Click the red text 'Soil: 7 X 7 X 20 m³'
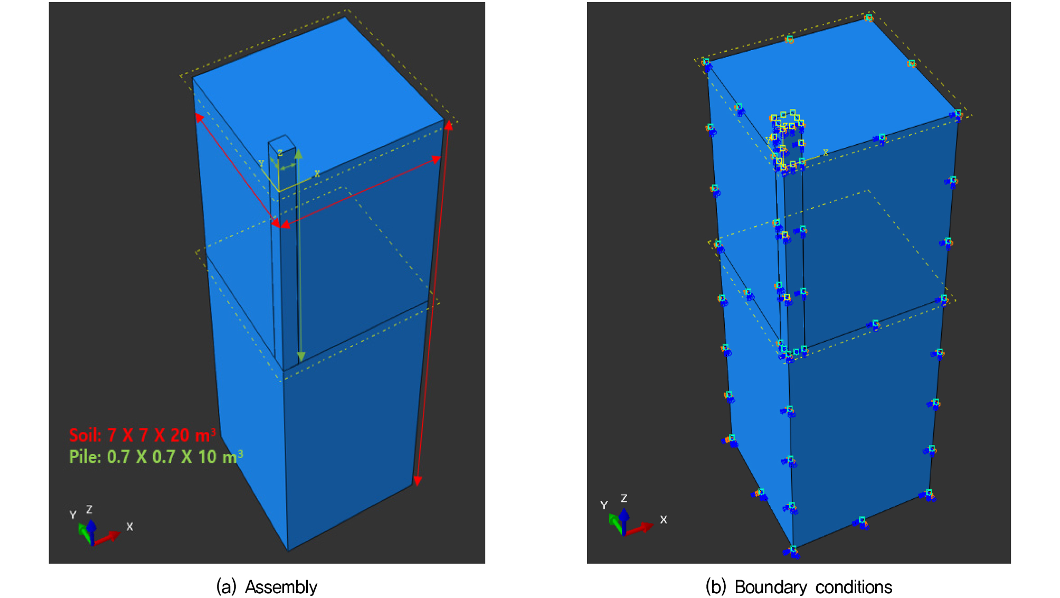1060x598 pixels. coord(143,435)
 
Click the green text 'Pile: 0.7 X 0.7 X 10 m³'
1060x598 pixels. coord(156,456)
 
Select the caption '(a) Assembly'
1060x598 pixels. coord(267,587)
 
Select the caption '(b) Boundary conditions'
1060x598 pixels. coord(799,587)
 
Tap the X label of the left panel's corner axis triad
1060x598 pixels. coord(130,527)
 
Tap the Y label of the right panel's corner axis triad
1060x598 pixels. coord(604,506)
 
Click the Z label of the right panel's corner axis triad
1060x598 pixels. coord(624,498)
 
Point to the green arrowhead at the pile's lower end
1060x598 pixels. coord(300,357)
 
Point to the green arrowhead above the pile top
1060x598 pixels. coord(298,154)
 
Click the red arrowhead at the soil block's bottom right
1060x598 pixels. coord(418,480)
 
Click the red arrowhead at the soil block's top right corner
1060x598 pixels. coord(448,126)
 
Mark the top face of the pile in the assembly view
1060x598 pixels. coord(282,142)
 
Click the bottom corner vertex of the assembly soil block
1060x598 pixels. coord(288,550)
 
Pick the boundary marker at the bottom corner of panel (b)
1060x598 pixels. coord(792,552)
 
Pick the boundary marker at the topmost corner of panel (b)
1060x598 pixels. coord(868,18)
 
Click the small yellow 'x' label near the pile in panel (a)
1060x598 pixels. coord(317,173)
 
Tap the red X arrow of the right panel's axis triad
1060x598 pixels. coord(639,528)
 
